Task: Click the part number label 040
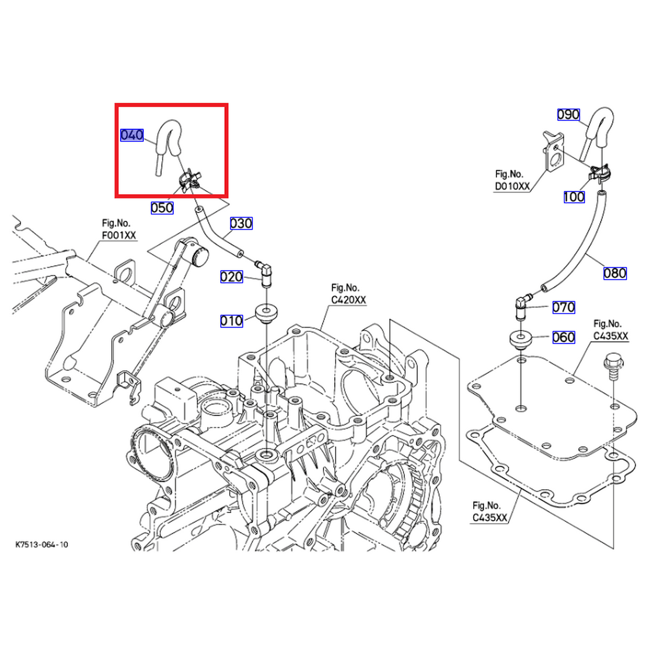click(132, 135)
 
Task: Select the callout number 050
click(162, 208)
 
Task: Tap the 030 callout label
click(241, 224)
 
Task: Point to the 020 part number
click(231, 277)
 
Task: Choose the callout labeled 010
click(231, 321)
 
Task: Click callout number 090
click(569, 115)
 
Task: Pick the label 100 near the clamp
click(574, 197)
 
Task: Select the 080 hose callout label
click(615, 273)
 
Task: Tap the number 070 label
click(563, 307)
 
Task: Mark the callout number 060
click(563, 337)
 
